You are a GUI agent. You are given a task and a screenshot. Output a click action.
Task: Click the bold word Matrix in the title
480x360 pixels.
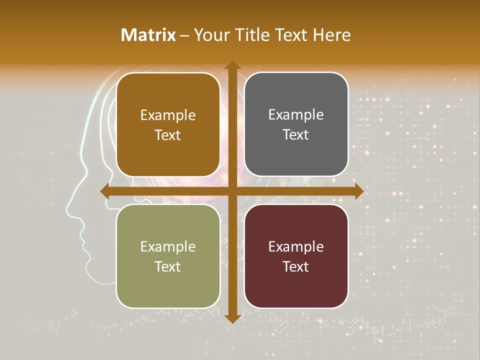pyautogui.click(x=148, y=35)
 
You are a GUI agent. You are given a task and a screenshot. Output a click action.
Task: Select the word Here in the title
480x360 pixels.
pyautogui.click(x=332, y=35)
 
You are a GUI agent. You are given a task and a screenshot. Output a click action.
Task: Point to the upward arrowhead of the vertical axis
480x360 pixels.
pyautogui.click(x=232, y=65)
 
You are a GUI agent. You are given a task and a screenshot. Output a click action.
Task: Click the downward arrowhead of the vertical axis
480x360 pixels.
pyautogui.click(x=232, y=318)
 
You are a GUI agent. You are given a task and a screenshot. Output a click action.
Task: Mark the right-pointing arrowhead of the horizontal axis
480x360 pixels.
pyautogui.click(x=358, y=191)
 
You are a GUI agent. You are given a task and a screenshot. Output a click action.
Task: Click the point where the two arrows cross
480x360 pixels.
pyautogui.click(x=232, y=191)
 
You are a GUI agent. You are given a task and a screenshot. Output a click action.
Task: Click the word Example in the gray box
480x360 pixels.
pyautogui.click(x=296, y=115)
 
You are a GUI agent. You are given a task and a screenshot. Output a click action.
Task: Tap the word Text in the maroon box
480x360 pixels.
pyautogui.click(x=296, y=266)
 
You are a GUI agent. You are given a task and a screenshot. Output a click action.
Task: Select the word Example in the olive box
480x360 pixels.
pyautogui.click(x=168, y=246)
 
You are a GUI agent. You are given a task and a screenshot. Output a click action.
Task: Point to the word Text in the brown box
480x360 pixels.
pyautogui.click(x=168, y=135)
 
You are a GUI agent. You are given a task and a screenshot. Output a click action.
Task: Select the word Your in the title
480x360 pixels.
pyautogui.click(x=209, y=35)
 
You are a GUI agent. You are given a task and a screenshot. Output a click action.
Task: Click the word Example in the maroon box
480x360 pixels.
pyautogui.click(x=296, y=246)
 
